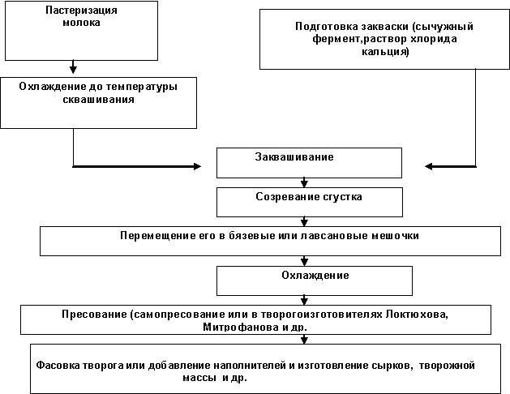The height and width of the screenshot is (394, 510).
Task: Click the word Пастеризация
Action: tap(81, 11)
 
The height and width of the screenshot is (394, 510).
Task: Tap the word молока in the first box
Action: tap(81, 23)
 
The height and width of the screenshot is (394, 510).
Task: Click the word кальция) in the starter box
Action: tap(385, 52)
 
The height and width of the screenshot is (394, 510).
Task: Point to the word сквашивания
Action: tap(99, 100)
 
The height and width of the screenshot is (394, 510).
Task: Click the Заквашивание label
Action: tap(294, 157)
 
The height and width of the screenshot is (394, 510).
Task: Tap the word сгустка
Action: tap(342, 197)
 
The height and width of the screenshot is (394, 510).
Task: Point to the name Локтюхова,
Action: tap(418, 315)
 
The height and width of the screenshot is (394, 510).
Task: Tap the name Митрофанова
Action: tap(240, 327)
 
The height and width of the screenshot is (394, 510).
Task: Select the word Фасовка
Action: tap(58, 366)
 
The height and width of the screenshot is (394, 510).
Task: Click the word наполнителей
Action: tap(250, 366)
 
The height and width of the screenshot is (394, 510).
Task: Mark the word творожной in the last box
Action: tap(447, 366)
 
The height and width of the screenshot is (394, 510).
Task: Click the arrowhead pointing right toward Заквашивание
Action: tap(197, 166)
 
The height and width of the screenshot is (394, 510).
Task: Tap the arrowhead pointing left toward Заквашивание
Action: tap(429, 166)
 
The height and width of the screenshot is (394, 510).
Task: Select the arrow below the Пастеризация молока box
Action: tap(73, 67)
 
